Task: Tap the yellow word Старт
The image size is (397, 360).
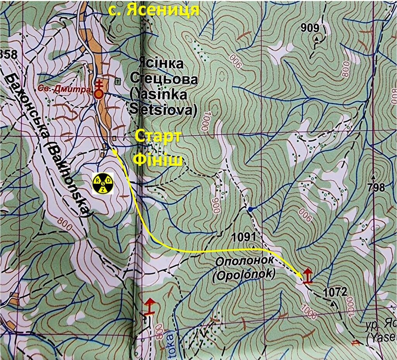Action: tap(158, 137)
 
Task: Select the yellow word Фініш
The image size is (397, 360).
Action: tap(158, 159)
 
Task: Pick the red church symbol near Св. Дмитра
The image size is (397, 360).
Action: tap(100, 89)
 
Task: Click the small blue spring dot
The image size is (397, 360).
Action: tap(250, 209)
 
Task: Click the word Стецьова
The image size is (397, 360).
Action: tap(164, 79)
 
